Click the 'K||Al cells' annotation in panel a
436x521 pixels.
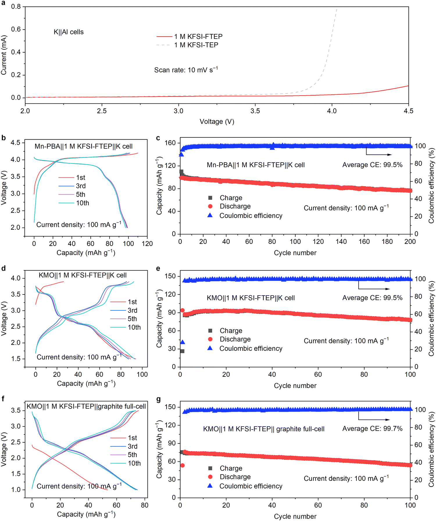(69, 32)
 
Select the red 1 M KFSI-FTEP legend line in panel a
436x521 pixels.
(165, 37)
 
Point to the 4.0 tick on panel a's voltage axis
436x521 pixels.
(332, 111)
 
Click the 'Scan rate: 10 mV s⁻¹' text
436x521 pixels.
(186, 70)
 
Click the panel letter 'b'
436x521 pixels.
(3, 138)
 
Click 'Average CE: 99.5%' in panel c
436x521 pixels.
(372, 165)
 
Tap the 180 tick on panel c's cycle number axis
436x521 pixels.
(387, 242)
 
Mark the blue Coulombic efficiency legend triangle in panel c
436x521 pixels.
(210, 215)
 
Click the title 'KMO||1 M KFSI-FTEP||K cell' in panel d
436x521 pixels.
(83, 275)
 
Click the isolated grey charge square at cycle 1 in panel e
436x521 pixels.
(182, 351)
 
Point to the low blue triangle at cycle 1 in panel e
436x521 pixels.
(183, 342)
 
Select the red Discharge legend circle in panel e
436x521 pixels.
(210, 339)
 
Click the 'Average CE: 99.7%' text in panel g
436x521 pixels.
(372, 429)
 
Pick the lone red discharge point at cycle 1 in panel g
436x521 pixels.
(183, 466)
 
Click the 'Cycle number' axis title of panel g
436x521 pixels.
(295, 517)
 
